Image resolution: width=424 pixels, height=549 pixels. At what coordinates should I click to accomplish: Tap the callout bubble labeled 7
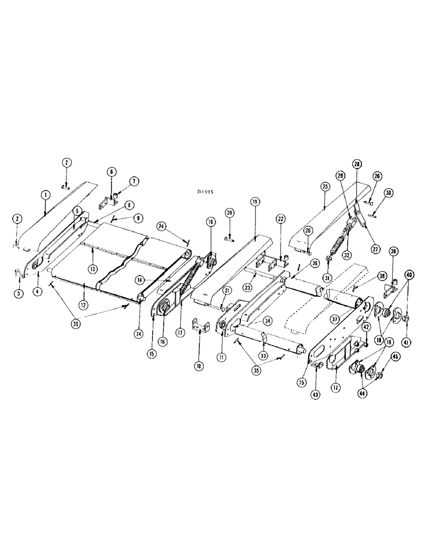(135, 181)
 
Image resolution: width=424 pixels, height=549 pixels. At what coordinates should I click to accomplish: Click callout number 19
(256, 203)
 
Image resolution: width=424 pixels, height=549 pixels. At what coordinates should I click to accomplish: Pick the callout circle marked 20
(230, 212)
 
